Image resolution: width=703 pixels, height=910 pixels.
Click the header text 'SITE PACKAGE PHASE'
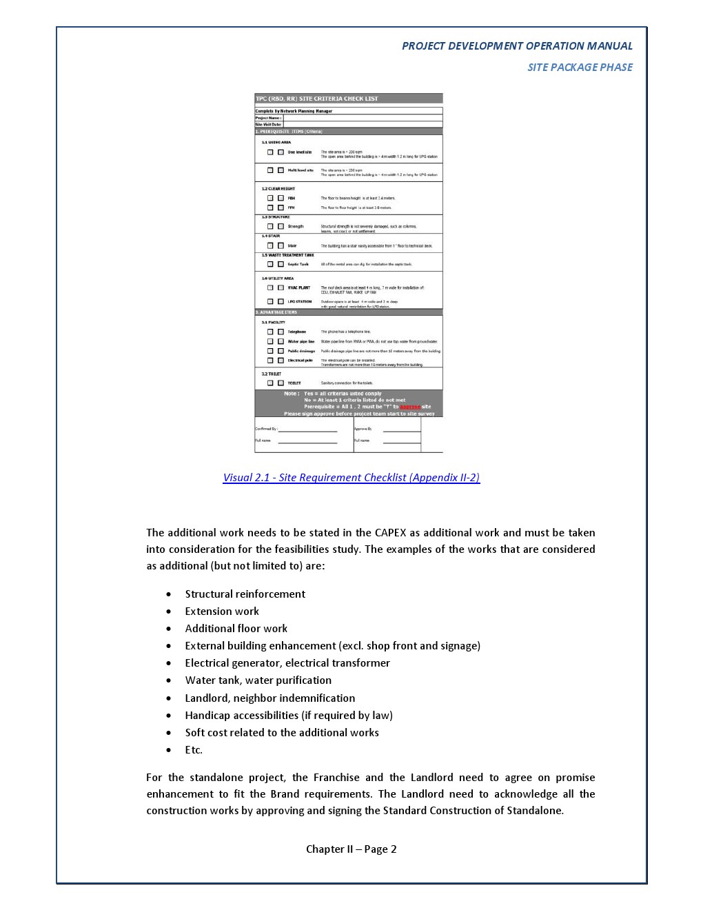[x=580, y=67]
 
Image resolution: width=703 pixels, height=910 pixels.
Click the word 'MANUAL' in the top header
[x=609, y=46]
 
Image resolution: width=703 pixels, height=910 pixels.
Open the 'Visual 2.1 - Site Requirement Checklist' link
[x=351, y=478]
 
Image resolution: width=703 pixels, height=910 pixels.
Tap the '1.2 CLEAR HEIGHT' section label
[x=278, y=188]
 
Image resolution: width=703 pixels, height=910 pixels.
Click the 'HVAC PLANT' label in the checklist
[x=299, y=287]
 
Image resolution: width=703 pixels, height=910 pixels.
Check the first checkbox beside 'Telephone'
[x=270, y=332]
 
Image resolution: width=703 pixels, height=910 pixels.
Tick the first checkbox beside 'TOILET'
[x=270, y=383]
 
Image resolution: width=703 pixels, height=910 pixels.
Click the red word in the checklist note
[x=410, y=407]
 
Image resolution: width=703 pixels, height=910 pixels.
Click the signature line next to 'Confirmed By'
[x=307, y=430]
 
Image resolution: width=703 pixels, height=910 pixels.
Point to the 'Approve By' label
[x=363, y=429]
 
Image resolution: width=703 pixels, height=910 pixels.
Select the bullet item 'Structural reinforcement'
[x=245, y=594]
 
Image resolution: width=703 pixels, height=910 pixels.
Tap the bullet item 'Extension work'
[x=222, y=611]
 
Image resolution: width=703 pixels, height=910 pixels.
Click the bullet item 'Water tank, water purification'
[x=258, y=680]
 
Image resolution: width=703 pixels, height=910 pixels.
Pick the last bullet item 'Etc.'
[x=194, y=750]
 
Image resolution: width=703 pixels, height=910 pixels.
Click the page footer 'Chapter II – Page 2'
[x=351, y=849]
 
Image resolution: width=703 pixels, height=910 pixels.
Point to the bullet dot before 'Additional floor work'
[x=169, y=629]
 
